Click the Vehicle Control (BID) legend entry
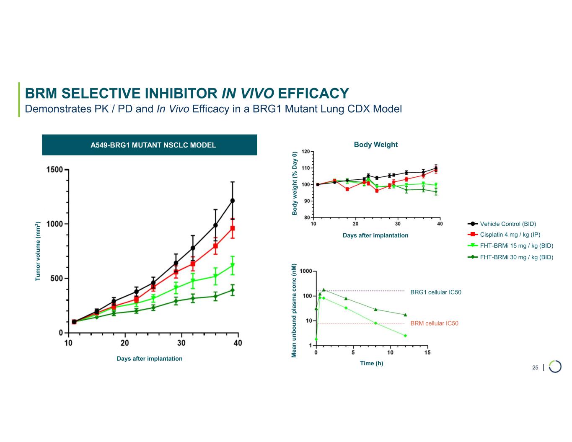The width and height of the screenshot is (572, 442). point(508,224)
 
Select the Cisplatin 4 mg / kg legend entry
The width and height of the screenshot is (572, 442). point(510,235)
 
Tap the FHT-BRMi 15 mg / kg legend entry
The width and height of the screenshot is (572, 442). point(516,246)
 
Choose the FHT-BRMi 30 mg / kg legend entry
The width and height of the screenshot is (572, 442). point(516,257)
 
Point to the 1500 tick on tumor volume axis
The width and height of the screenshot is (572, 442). point(54,170)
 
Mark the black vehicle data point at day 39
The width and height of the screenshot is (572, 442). point(233,201)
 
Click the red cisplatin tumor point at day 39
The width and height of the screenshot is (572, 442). point(233,228)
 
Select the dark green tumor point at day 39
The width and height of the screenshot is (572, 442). point(233,290)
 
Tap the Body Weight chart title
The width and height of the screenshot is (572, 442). point(375,145)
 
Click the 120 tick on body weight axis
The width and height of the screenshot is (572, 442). point(306,152)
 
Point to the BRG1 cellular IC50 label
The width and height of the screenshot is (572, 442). point(436,292)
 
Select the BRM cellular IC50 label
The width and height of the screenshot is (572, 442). point(434,323)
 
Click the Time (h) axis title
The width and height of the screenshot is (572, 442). point(371,363)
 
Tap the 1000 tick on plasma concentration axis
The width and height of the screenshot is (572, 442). point(306,271)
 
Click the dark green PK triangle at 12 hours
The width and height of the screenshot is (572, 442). point(405,315)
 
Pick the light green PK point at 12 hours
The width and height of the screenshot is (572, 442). point(405,336)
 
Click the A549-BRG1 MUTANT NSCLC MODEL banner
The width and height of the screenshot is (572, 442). point(150,145)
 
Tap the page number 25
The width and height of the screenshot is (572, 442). point(535,368)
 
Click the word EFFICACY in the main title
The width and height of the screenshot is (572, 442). point(313,93)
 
